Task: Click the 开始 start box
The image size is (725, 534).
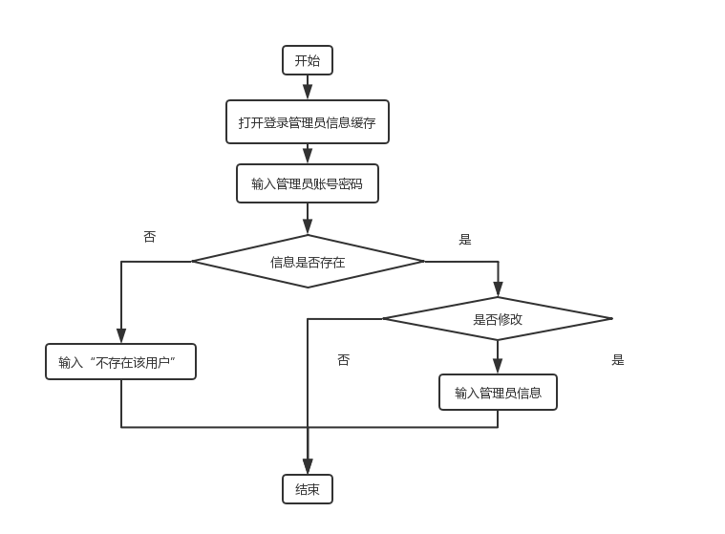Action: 308,60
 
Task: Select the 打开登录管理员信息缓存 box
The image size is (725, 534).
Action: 308,122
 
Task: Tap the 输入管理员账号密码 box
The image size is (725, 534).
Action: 308,183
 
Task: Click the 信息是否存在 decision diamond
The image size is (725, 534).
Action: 308,261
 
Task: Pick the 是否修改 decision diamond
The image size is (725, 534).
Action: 498,319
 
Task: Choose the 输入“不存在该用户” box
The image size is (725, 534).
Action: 120,362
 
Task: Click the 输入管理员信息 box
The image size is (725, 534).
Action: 498,393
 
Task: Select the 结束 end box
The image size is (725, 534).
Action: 308,490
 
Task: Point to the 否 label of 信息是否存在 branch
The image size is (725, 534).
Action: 149,237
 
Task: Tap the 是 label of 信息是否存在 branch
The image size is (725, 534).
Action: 465,239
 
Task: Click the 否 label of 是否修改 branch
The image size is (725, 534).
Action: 344,360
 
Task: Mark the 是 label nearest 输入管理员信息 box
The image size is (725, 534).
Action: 618,360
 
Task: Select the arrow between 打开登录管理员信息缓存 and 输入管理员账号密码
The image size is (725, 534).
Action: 308,154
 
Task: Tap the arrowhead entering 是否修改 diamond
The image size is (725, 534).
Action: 498,289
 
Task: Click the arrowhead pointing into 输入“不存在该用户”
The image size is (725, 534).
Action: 121,336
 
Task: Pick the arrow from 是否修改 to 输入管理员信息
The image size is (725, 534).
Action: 498,357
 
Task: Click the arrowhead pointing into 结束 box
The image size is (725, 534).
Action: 308,467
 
